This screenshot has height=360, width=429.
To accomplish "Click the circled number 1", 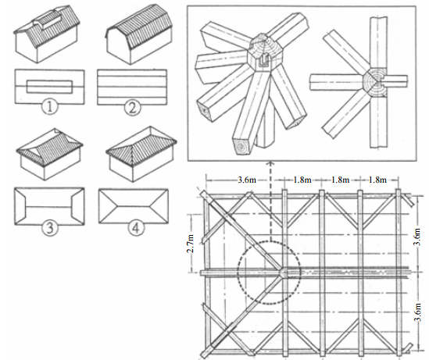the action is (x=50, y=107).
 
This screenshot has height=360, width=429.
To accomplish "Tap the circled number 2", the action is (x=133, y=108).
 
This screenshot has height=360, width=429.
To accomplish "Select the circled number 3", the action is (x=50, y=227).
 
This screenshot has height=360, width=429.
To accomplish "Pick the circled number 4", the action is (x=136, y=228).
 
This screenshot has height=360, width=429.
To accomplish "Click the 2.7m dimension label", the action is (x=191, y=244).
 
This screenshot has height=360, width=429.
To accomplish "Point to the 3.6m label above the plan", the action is (x=247, y=180).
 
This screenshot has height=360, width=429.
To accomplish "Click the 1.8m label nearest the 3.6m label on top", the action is (x=302, y=180).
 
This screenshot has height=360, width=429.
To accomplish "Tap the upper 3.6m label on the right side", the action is (x=418, y=237).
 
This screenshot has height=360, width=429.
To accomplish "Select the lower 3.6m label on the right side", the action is (x=418, y=312).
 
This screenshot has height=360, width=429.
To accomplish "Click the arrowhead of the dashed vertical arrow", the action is (x=270, y=163).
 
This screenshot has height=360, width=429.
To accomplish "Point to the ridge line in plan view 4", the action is (x=134, y=206).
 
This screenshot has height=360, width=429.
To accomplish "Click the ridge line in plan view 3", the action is (x=49, y=206).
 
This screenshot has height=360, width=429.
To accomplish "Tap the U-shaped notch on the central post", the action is (x=263, y=60).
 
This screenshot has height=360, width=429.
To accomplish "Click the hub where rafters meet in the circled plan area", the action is (x=284, y=273).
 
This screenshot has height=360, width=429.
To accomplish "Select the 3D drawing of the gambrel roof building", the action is (x=139, y=34).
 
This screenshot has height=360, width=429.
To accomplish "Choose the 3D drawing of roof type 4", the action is (x=141, y=155).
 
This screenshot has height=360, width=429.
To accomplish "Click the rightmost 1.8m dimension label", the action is (x=377, y=180).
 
